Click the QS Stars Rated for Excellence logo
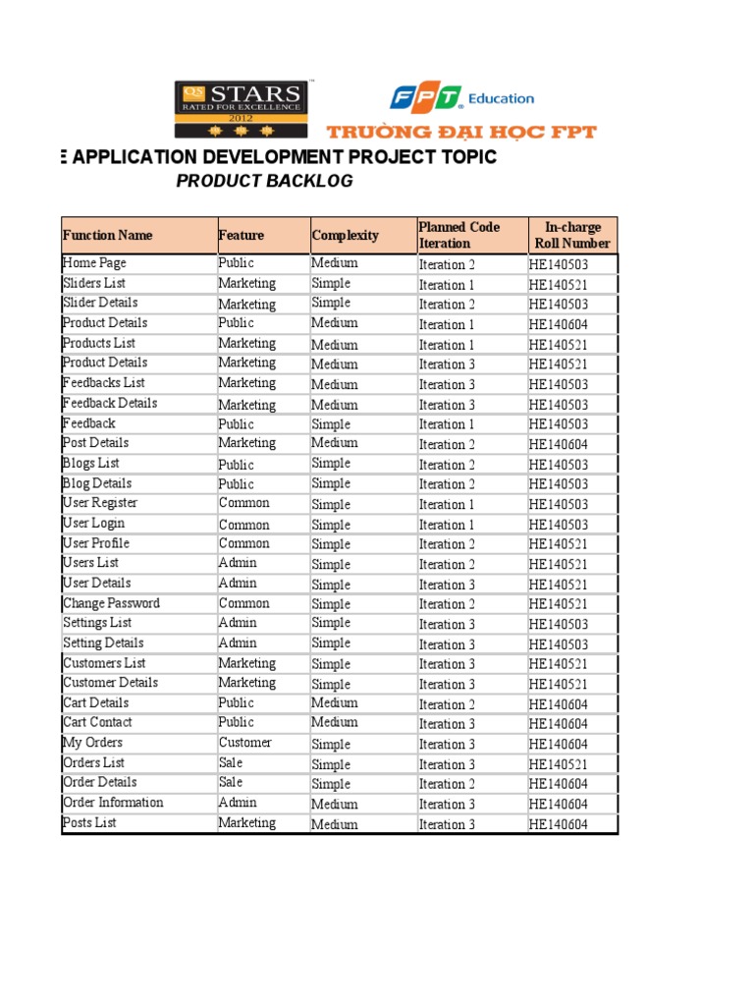click(242, 108)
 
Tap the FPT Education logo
click(461, 98)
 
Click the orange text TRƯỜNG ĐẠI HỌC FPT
click(460, 132)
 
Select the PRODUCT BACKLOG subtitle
click(264, 181)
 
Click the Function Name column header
click(108, 236)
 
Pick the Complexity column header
click(346, 236)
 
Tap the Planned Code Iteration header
click(458, 236)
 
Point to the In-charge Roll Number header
click(572, 236)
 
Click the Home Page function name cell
click(94, 263)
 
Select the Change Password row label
click(111, 603)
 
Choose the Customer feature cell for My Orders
click(245, 743)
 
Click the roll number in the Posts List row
click(559, 824)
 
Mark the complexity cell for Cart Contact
click(335, 723)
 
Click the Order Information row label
click(113, 803)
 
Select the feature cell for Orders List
click(231, 763)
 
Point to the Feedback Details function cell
click(110, 403)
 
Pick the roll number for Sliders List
click(559, 285)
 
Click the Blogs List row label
click(91, 463)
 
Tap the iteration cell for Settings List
click(448, 624)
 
